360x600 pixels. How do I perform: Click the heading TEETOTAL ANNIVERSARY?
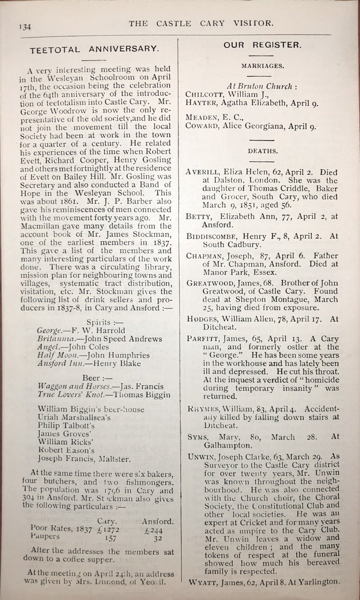[x=93, y=49]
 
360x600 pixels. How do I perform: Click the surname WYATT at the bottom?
[x=202, y=582]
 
